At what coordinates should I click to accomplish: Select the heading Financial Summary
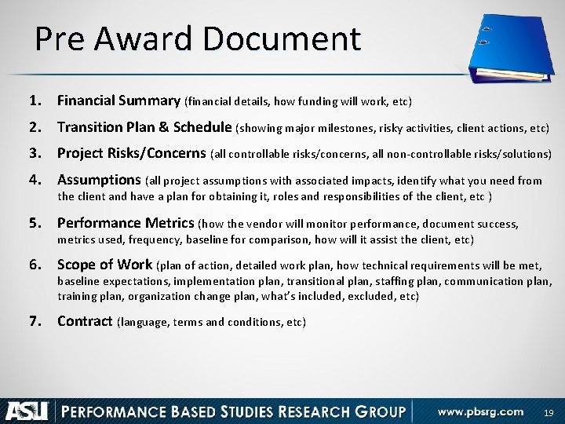(118, 101)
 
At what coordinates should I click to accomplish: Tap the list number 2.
(34, 126)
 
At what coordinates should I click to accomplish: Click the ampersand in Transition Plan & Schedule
(166, 126)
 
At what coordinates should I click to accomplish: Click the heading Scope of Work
(105, 265)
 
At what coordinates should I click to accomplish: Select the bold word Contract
(85, 321)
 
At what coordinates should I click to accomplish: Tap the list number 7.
(34, 321)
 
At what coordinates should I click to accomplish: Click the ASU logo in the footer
(27, 410)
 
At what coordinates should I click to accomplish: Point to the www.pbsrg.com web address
(480, 410)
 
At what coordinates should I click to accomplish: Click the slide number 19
(549, 411)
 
